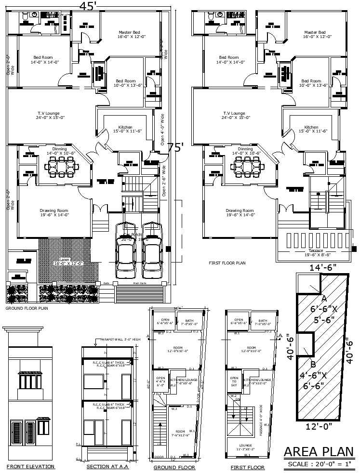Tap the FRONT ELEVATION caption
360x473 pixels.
(30, 467)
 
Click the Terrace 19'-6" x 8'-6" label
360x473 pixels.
(312, 253)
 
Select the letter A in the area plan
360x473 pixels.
(324, 298)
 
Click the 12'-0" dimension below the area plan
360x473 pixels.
(320, 426)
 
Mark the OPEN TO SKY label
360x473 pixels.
(235, 381)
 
